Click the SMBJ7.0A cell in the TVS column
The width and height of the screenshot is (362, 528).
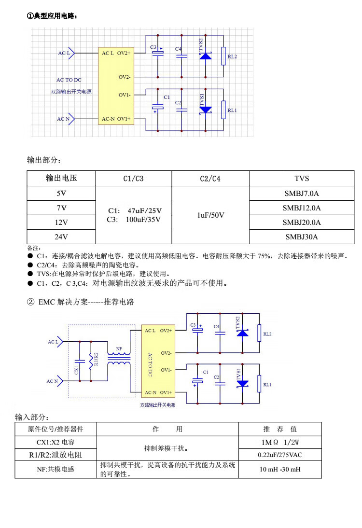point(301,193)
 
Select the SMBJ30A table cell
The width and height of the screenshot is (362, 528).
point(301,236)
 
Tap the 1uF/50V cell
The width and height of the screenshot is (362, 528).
point(210,215)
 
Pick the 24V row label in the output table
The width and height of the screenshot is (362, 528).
point(61,236)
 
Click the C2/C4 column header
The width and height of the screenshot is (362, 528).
point(210,179)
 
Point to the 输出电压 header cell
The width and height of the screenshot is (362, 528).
point(61,178)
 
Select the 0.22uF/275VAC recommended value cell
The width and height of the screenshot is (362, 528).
point(280,455)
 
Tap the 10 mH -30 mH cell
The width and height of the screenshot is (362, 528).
point(280,470)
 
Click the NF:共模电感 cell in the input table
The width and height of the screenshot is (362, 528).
point(56,470)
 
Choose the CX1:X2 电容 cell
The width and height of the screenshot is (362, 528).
point(56,442)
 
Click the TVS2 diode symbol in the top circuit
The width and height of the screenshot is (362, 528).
point(206,56)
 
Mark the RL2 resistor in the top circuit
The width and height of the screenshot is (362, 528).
point(223,56)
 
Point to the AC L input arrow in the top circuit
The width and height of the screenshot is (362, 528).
point(71,53)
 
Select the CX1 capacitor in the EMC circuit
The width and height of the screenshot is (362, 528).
point(80,361)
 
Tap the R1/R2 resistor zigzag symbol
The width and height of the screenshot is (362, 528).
point(91,361)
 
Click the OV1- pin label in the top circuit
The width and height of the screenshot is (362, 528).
point(124,95)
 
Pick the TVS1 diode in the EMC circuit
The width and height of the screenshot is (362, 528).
point(242,384)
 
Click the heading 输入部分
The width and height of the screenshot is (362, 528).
point(32,417)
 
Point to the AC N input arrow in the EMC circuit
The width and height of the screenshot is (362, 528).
point(60,381)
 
